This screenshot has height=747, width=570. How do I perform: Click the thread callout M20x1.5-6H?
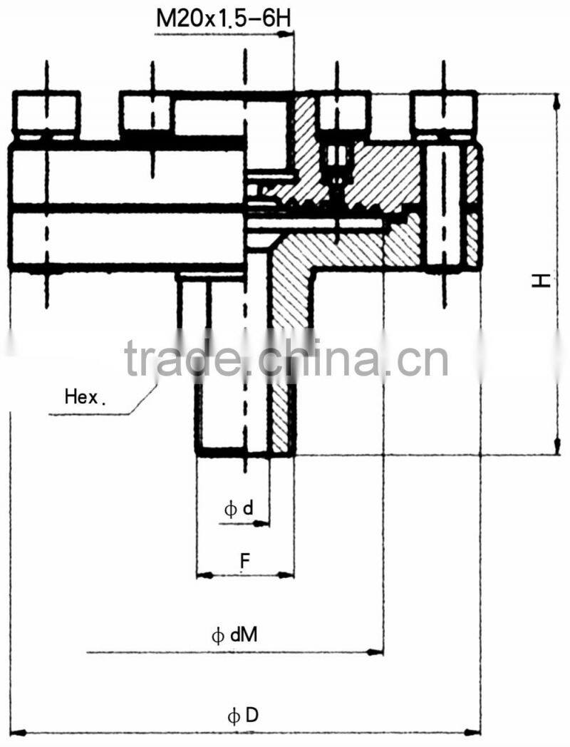tap(223, 16)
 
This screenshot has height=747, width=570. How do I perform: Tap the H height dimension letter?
tap(542, 280)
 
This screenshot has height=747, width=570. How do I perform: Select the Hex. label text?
tap(84, 397)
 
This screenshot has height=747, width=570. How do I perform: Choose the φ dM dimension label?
tap(234, 635)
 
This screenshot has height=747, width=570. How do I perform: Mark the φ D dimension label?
tap(243, 716)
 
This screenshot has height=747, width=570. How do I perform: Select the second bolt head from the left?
tap(147, 114)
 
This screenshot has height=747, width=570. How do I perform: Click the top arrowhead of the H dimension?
tap(556, 99)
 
